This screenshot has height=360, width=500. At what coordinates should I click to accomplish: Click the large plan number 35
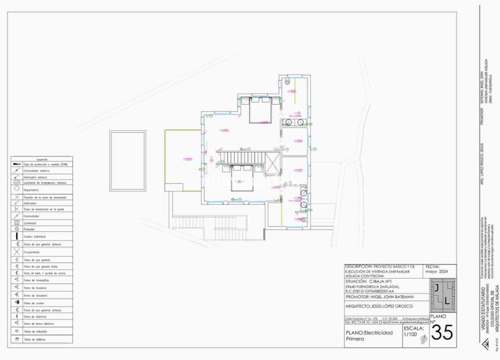(442, 332)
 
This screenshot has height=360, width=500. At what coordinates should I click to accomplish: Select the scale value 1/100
(409, 335)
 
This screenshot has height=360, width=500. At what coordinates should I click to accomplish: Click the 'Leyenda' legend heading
(42, 159)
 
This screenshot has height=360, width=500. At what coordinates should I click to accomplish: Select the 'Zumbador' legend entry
(30, 222)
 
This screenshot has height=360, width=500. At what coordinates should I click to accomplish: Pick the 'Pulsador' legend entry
(29, 229)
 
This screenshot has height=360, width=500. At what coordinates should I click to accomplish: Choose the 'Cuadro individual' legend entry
(35, 237)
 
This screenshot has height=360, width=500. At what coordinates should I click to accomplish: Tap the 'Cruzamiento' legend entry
(32, 252)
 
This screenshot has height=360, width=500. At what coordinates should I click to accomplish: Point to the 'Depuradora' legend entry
(31, 189)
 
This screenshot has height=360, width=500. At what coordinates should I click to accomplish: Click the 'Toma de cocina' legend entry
(34, 303)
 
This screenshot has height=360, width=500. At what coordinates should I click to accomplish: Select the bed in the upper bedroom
(264, 110)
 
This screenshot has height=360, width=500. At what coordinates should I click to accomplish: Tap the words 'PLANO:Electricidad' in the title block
(369, 333)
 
